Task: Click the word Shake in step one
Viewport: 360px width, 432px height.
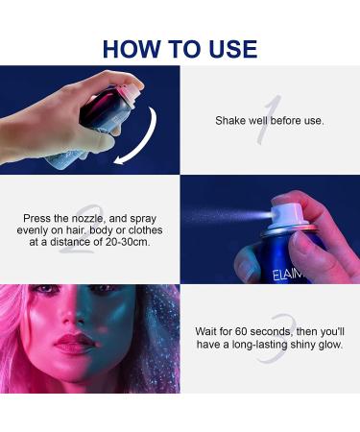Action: coord(232,121)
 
